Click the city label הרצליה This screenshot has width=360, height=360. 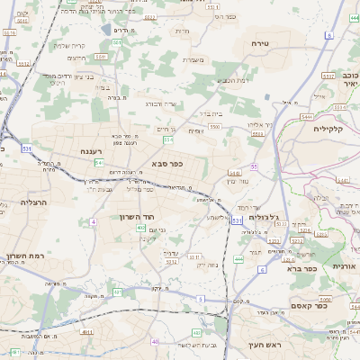coord(21,203)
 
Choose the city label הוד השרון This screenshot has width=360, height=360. coord(138,217)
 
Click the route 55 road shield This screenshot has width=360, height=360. coord(255,166)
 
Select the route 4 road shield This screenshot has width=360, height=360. coord(94,220)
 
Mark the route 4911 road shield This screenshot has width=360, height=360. coord(87,331)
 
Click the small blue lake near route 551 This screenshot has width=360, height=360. coord(106,29)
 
